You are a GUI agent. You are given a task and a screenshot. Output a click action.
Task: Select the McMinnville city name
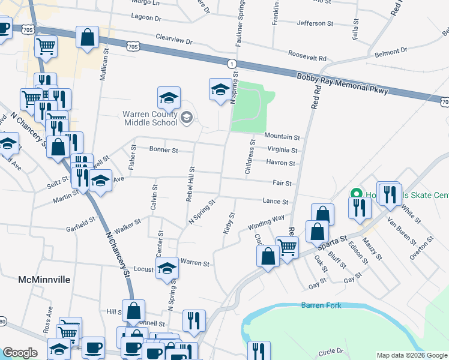[x=44, y=280]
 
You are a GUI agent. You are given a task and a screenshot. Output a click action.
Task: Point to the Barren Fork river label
[x=321, y=305]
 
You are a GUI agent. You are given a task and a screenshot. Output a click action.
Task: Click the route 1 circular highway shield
[x=231, y=63]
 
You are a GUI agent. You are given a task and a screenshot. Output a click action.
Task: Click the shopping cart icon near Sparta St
[x=287, y=245]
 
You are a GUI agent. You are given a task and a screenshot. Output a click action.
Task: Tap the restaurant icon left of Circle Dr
[x=259, y=350]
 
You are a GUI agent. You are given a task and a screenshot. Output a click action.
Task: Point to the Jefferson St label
[x=315, y=23]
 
